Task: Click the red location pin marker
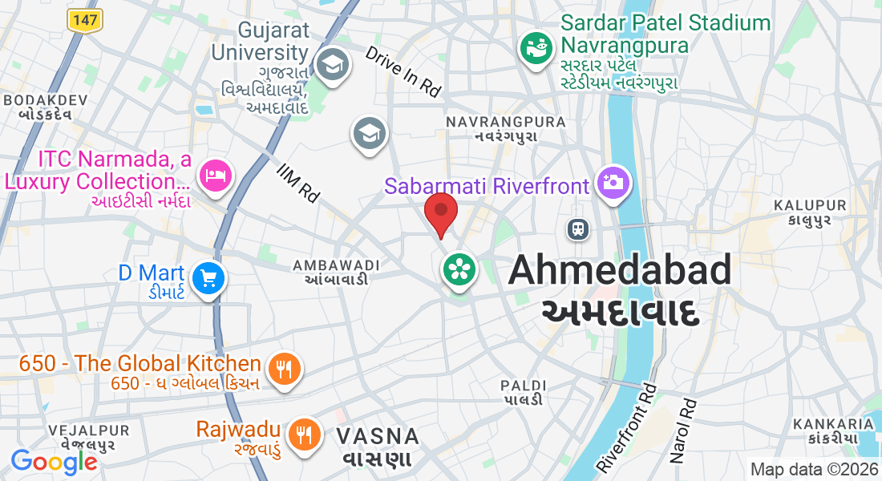[x=440, y=212]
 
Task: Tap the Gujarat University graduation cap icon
[x=330, y=64]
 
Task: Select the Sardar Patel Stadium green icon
[x=536, y=46]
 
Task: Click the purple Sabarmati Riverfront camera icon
[x=613, y=182]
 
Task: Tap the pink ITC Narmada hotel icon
[x=215, y=175]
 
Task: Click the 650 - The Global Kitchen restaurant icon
[x=283, y=369]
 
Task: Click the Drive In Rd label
[x=403, y=71]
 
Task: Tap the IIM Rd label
[x=297, y=182]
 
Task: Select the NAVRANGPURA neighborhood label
[x=505, y=122]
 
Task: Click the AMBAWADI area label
[x=336, y=265]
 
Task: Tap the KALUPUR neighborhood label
[x=810, y=205]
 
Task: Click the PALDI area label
[x=524, y=386]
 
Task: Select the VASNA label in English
[x=378, y=437]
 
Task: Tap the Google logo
[x=54, y=462]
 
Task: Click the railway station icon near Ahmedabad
[x=577, y=229]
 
